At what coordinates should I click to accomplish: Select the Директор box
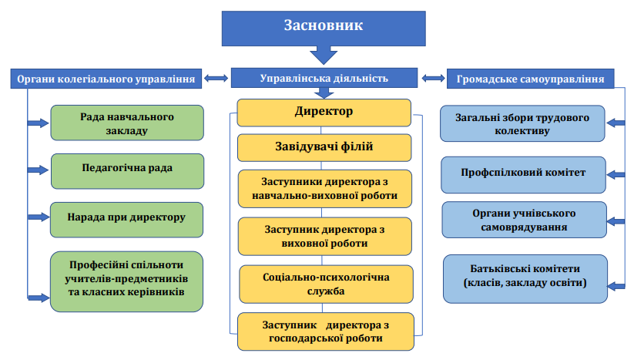tap(324, 113)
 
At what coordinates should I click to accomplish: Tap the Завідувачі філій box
tap(324, 146)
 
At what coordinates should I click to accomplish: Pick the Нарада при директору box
tap(127, 219)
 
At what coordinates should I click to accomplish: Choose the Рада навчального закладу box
tap(127, 123)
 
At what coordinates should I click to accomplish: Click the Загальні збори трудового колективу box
tap(523, 125)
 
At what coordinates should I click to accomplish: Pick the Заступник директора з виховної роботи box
tap(324, 237)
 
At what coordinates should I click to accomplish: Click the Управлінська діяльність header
tap(324, 78)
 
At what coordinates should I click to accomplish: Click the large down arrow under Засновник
tap(323, 56)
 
